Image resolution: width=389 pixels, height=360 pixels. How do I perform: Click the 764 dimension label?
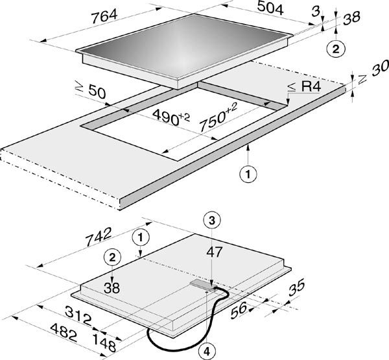click(104, 16)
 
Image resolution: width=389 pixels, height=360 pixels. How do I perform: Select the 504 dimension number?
click(270, 8)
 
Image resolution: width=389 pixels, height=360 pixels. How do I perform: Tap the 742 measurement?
click(98, 237)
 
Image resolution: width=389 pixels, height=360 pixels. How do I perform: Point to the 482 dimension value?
click(64, 333)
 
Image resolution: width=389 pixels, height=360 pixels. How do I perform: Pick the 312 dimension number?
click(78, 315)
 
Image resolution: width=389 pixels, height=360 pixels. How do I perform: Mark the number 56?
click(239, 310)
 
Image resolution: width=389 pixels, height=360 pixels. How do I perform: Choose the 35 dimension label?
click(296, 287)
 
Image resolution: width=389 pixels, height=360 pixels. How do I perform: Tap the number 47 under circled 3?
click(215, 252)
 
